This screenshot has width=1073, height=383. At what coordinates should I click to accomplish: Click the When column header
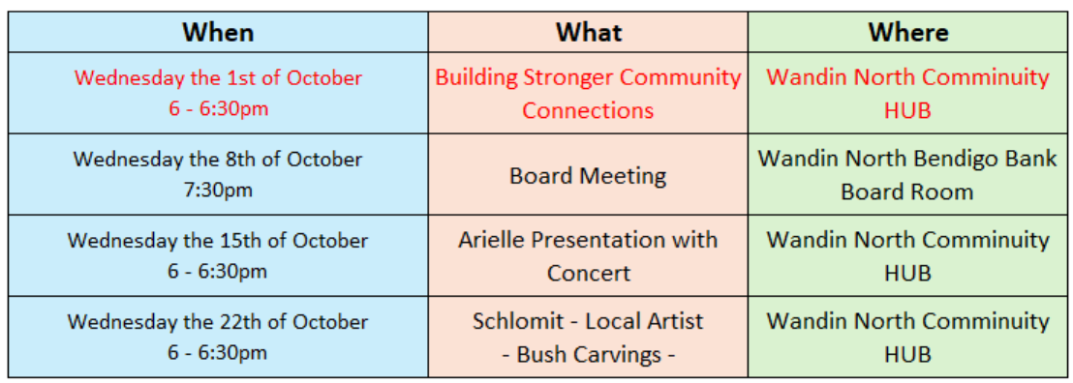(218, 32)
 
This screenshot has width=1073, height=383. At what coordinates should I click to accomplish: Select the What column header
(589, 32)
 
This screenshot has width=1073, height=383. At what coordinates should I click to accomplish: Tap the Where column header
(908, 32)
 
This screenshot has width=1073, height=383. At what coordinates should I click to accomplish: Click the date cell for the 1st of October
(218, 93)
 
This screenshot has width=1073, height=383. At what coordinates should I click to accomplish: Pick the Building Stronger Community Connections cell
(589, 93)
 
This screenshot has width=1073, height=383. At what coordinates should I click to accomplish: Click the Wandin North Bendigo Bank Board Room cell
(907, 174)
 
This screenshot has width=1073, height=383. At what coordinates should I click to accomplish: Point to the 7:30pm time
(218, 190)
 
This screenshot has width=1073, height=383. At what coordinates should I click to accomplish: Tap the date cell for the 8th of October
(218, 174)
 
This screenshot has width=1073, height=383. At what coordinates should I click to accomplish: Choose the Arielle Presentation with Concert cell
(589, 255)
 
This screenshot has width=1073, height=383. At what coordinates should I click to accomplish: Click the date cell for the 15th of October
(218, 255)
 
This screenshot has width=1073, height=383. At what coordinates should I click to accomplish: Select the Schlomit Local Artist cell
(589, 338)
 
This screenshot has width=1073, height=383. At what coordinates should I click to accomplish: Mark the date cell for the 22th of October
(218, 338)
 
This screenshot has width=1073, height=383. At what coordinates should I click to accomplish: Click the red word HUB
(907, 109)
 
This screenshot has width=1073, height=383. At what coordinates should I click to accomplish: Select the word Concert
(589, 273)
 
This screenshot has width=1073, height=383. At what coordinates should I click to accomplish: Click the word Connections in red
(589, 110)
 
